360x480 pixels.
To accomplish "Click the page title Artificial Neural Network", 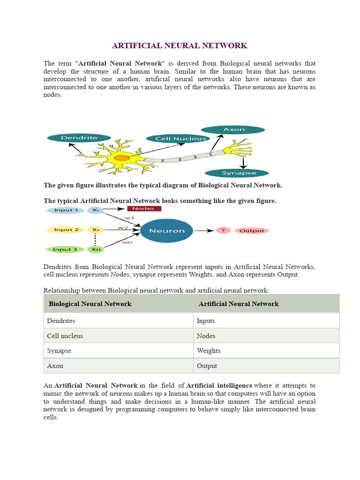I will (x=180, y=45).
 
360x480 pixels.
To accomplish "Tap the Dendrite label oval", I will (x=79, y=138).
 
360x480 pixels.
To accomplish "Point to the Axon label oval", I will (x=233, y=129).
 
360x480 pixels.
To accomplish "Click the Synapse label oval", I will (x=237, y=173).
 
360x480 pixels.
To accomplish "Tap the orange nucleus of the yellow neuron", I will (x=122, y=158).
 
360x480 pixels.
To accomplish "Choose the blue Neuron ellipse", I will (x=166, y=231).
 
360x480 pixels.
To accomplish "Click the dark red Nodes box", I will (x=144, y=209).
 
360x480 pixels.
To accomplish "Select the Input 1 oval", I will (x=65, y=210).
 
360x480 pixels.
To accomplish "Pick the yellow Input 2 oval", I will (x=65, y=230).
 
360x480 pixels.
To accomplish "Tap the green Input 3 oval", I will (x=65, y=249).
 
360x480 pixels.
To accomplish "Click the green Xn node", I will (x=96, y=249).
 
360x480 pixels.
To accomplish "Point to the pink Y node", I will (x=223, y=231).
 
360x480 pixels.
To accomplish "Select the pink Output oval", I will (x=252, y=231).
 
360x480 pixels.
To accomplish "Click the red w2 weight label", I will (x=123, y=228).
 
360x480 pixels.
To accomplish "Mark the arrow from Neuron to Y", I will (x=204, y=231).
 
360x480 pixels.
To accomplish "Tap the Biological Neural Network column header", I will (x=90, y=304).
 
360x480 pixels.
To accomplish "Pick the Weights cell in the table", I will (x=209, y=351).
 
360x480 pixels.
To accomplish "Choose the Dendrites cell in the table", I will (x=61, y=321).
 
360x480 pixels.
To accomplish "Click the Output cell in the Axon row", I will (x=207, y=366).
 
